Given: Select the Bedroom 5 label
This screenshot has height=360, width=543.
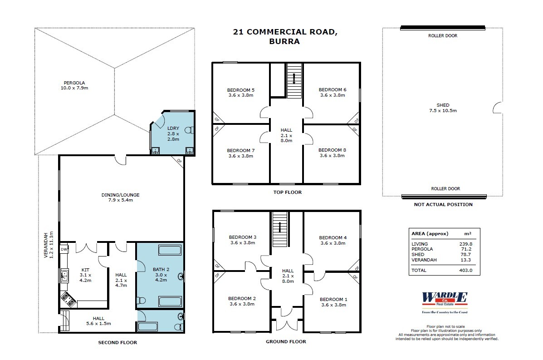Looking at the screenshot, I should (x=240, y=93).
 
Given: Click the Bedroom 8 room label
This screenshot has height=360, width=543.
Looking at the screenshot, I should (x=332, y=153).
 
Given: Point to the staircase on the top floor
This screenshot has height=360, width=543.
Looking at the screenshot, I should (x=294, y=81).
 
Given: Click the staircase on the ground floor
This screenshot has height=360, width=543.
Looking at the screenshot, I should (x=280, y=229).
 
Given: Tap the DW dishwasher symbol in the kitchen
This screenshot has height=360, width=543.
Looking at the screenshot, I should (x=64, y=249).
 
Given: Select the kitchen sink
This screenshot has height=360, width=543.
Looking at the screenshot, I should (x=64, y=275).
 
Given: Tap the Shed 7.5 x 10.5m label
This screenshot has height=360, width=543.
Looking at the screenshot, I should (x=443, y=108).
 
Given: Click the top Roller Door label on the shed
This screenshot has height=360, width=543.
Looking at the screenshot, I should (x=443, y=36).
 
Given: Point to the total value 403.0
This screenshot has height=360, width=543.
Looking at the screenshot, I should (x=465, y=270).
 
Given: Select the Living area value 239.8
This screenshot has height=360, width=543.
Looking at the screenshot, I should (x=465, y=244).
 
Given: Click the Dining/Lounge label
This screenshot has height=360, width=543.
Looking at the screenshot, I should (x=120, y=198).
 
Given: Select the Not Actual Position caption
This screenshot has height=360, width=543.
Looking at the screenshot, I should (x=443, y=204).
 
